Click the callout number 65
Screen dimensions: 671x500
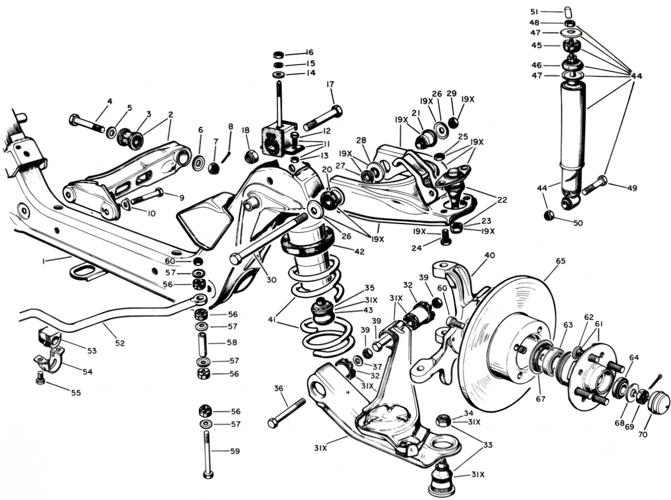[x=561, y=261]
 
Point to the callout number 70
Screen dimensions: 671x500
[x=643, y=434]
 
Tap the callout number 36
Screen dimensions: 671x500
[x=279, y=388]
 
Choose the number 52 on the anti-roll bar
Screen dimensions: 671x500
[x=120, y=343]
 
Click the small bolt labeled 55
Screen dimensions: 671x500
[x=40, y=377]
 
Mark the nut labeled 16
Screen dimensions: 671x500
[x=278, y=55]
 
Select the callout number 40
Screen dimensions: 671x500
[x=490, y=256]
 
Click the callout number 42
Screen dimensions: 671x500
[x=359, y=251]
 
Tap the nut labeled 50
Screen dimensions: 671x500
[x=550, y=216]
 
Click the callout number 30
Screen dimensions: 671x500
[x=271, y=280]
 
